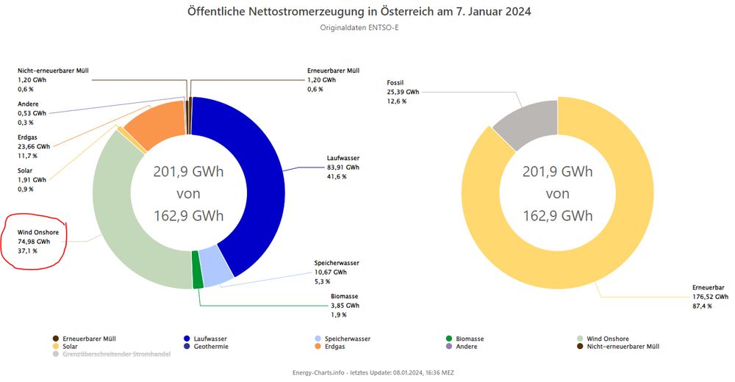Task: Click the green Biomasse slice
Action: click(x=197, y=270)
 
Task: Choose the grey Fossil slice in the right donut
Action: click(x=524, y=118)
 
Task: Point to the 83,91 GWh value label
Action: click(x=343, y=167)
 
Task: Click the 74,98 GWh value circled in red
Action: click(x=34, y=241)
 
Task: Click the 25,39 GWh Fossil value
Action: click(x=403, y=92)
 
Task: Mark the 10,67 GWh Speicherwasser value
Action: click(x=329, y=272)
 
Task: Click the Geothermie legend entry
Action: click(x=209, y=346)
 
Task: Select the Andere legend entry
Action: click(x=466, y=346)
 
